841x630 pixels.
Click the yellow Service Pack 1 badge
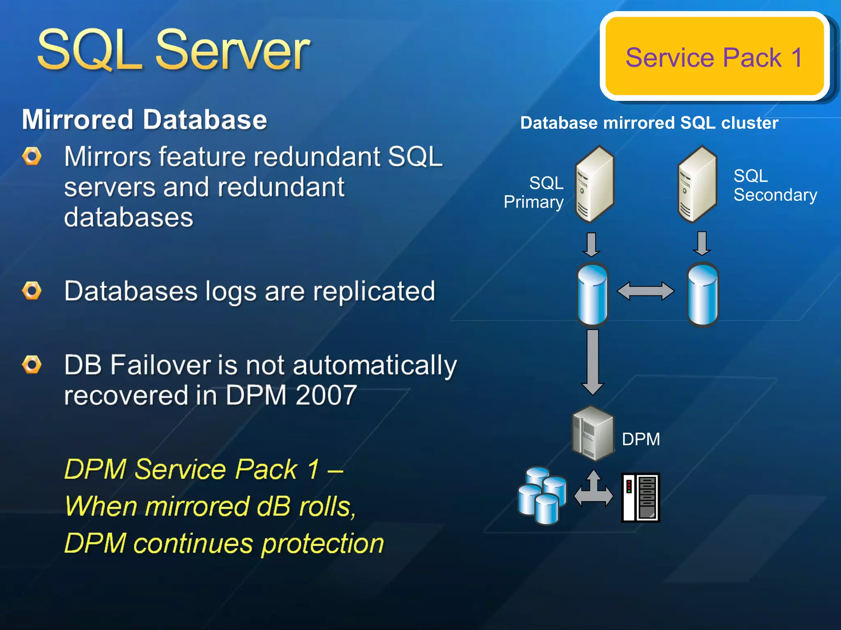[x=715, y=57]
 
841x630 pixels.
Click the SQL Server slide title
[x=173, y=50]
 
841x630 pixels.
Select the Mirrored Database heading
[x=145, y=120]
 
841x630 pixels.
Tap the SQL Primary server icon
[x=594, y=184]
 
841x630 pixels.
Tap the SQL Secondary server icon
[x=697, y=184]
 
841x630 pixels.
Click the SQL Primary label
[x=534, y=192]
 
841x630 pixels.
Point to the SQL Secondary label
[x=775, y=185]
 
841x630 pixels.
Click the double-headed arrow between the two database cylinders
[x=646, y=291]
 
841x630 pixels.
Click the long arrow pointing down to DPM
[x=593, y=361]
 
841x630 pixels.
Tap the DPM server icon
[x=593, y=433]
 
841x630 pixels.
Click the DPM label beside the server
[x=641, y=439]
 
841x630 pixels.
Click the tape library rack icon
[x=640, y=497]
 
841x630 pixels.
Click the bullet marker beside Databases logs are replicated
[x=32, y=291]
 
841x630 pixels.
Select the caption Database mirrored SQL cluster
[x=649, y=123]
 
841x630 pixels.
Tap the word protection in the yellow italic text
[x=322, y=544]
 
